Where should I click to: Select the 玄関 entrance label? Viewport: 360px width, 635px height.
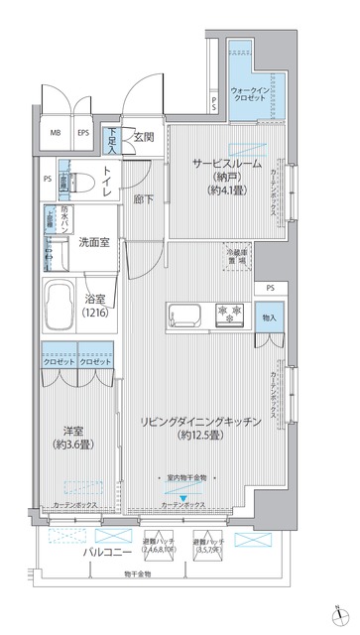(x=145, y=138)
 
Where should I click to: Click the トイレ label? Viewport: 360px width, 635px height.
(x=110, y=183)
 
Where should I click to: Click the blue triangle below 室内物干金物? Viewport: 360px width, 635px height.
(x=181, y=484)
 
